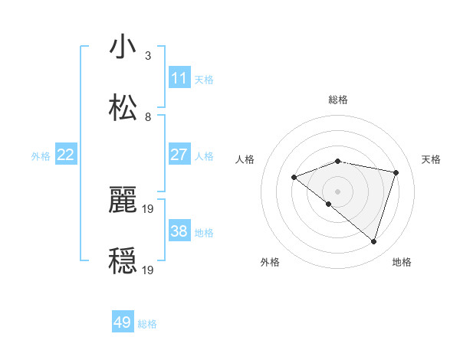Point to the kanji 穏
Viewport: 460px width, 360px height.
click(123, 260)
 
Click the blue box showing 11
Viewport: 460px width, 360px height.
click(179, 77)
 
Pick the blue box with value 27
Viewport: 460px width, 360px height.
click(179, 155)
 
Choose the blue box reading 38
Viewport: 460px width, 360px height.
click(179, 231)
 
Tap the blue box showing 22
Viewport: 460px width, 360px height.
click(66, 155)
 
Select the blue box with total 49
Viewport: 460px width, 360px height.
click(123, 322)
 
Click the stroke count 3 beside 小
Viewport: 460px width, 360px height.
click(148, 56)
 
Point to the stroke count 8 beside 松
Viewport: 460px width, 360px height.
click(148, 117)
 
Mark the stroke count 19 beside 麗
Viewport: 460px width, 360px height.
click(149, 208)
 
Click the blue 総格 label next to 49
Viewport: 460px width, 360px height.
click(147, 324)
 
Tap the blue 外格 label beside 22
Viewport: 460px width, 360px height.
click(41, 156)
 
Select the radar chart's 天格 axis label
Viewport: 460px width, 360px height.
click(431, 159)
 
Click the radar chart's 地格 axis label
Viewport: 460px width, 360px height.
click(402, 262)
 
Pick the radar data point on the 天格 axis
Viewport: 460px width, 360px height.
click(396, 172)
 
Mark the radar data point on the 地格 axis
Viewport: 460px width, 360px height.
click(374, 241)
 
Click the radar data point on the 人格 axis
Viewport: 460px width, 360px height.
click(294, 178)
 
